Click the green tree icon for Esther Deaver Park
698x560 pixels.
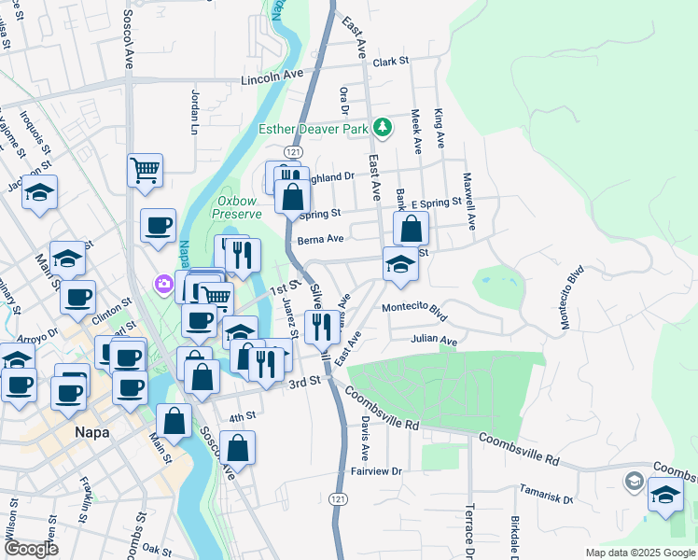pos(381,127)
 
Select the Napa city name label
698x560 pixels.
pos(92,433)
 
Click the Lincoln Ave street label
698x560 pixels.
pos(272,79)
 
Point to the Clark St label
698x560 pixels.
pos(391,62)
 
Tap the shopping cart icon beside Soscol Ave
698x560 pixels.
pos(145,170)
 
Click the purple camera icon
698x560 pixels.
pos(164,283)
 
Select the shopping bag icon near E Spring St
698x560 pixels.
pos(411,228)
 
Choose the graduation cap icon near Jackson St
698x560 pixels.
pos(39,192)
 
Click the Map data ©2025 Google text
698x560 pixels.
pos(639,553)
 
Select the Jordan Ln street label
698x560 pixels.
pos(196,107)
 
